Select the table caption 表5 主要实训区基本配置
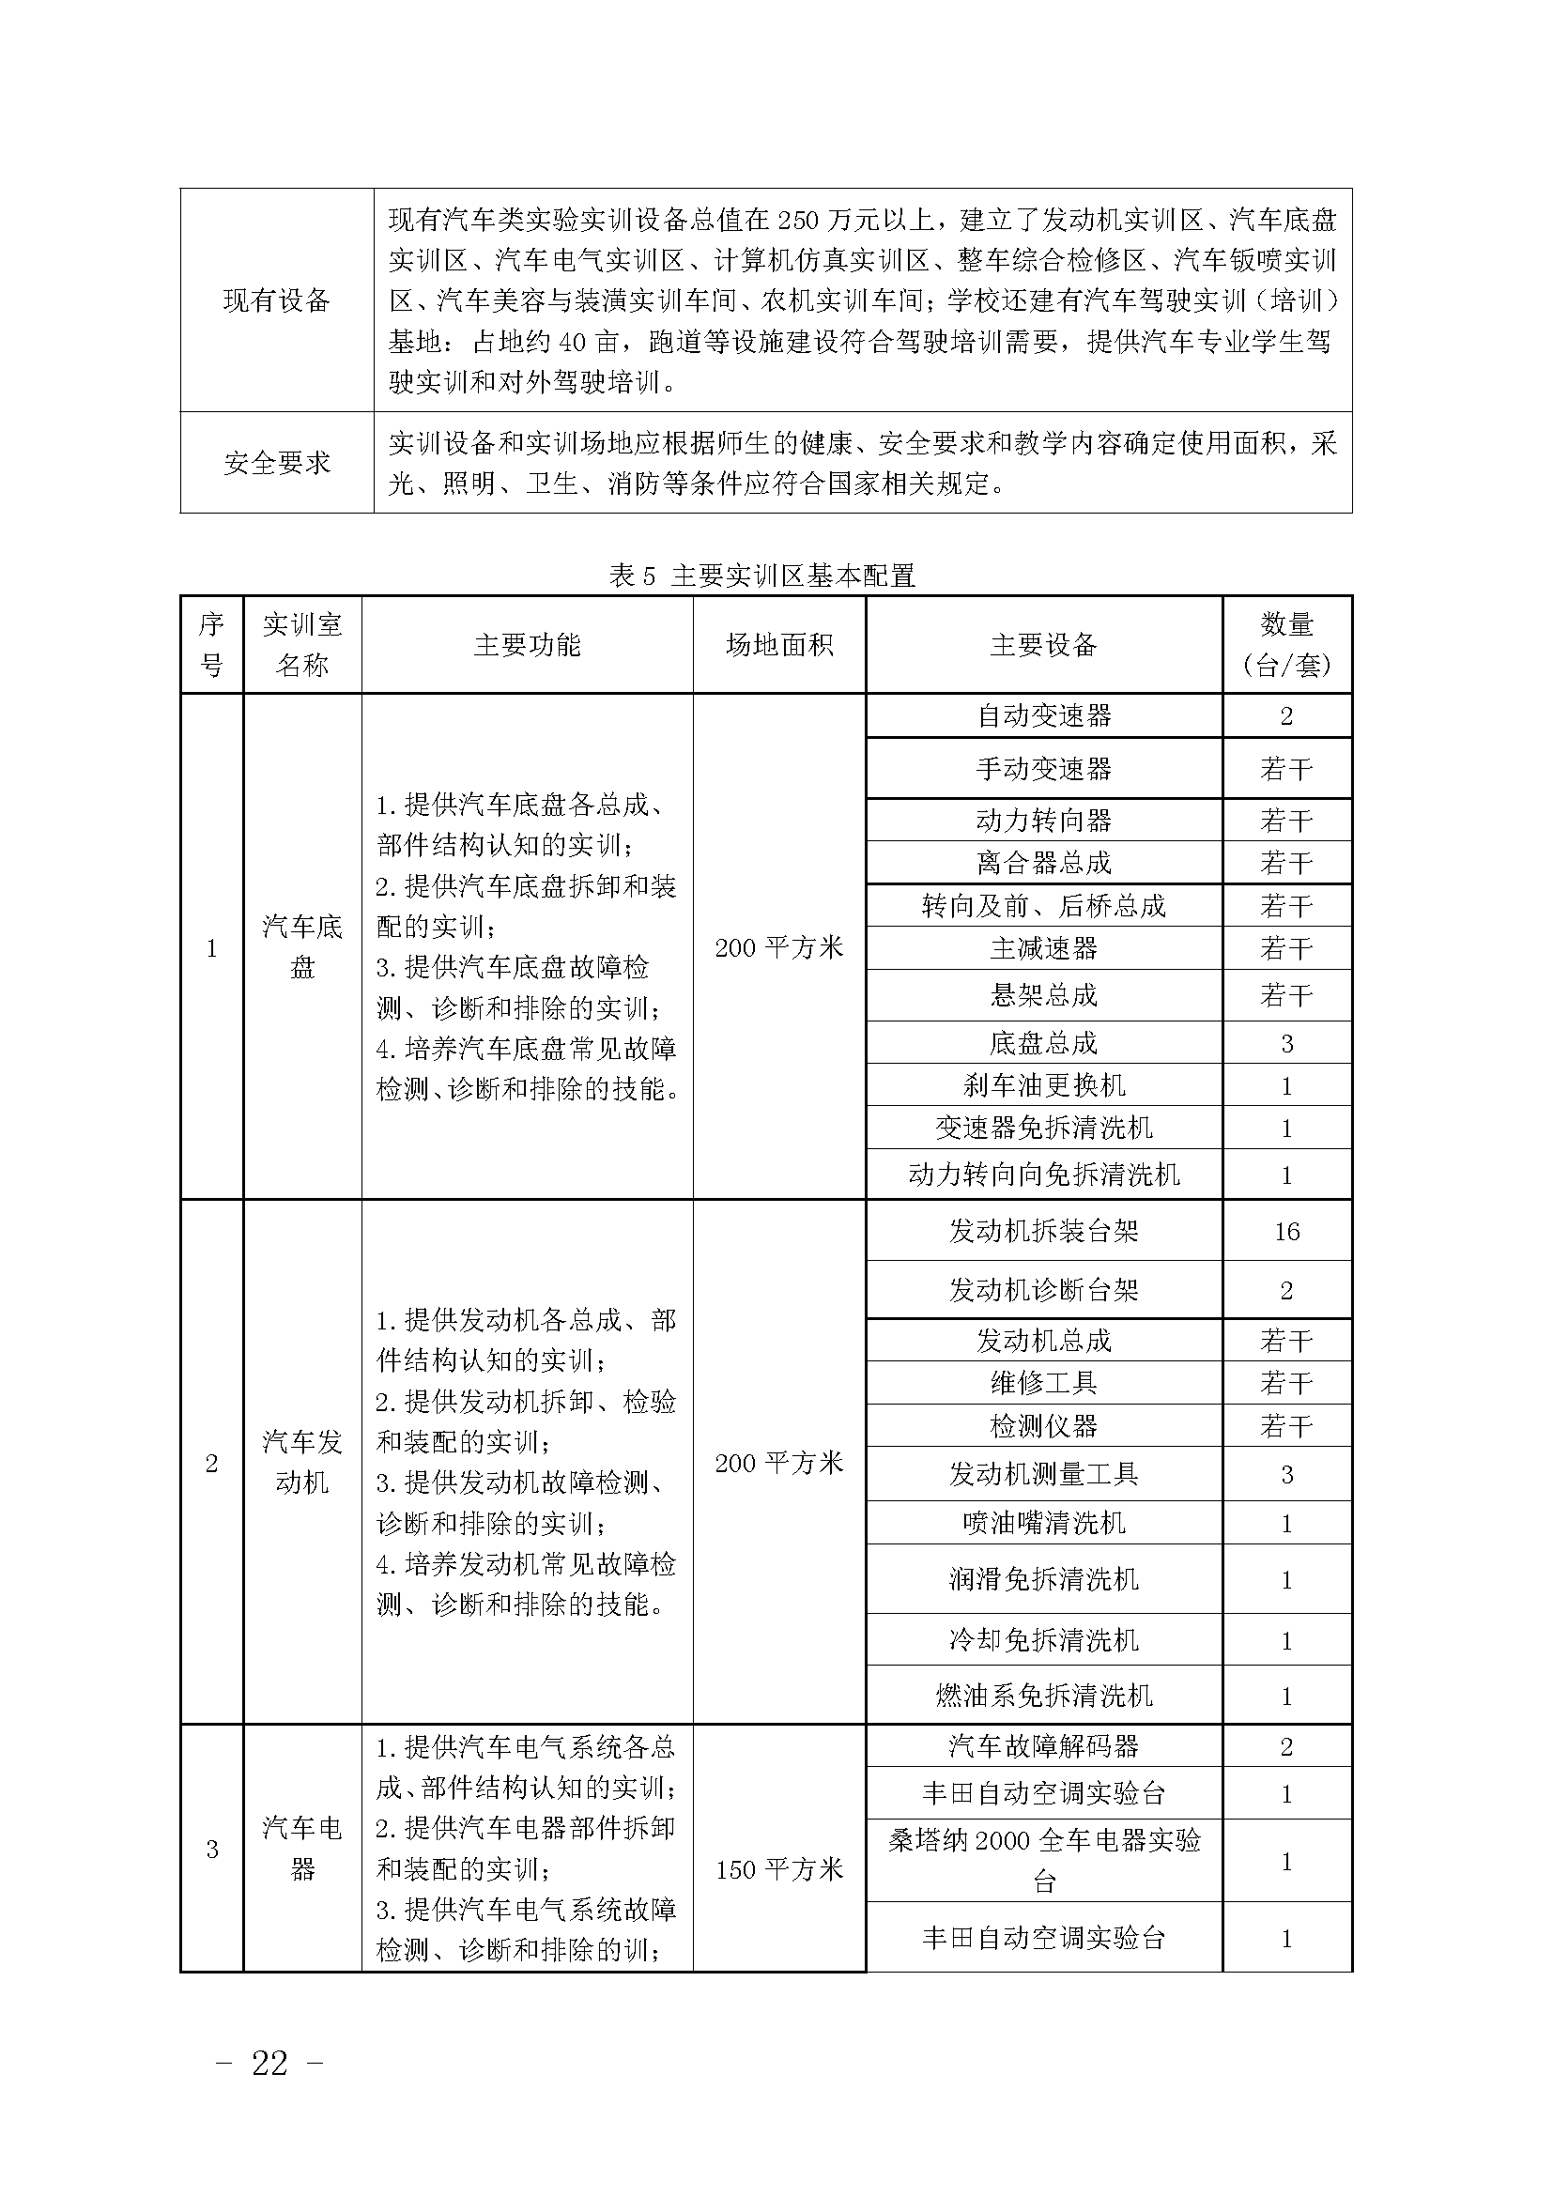point(762,576)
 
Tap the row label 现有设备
point(276,300)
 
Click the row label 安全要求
point(276,463)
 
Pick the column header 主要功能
point(527,645)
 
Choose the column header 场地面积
point(779,645)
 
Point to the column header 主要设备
point(1043,645)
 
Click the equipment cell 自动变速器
point(1043,715)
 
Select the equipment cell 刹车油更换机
point(1043,1085)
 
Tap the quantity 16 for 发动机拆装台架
point(1286,1231)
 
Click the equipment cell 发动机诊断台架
point(1043,1290)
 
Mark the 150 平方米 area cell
point(779,1869)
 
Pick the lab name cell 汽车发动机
point(302,1462)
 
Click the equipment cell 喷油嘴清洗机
point(1043,1523)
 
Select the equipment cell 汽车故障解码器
point(1043,1746)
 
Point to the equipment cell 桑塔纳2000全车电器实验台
point(1043,1860)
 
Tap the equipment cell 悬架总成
point(1043,995)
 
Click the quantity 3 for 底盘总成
point(1286,1043)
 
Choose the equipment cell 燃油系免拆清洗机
point(1043,1696)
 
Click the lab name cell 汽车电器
point(302,1848)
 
